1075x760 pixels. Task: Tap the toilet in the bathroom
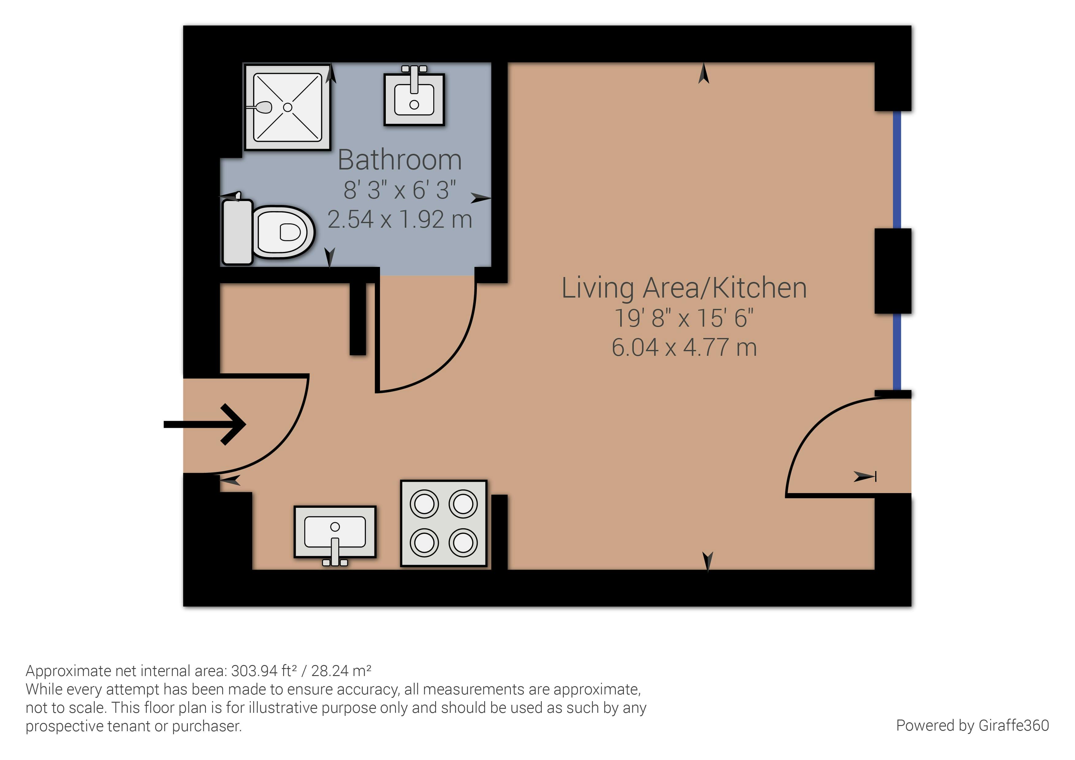pos(268,232)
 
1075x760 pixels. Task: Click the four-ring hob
pos(444,523)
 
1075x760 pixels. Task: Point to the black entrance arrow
pos(205,424)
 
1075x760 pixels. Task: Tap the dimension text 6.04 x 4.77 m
pos(684,348)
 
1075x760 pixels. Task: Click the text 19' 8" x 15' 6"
pos(684,318)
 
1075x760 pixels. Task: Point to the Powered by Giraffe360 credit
pos(972,725)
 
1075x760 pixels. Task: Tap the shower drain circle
pos(287,107)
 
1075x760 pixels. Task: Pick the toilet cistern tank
pos(237,232)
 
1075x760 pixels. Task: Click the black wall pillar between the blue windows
pos(893,271)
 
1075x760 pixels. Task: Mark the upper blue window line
pos(897,169)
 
